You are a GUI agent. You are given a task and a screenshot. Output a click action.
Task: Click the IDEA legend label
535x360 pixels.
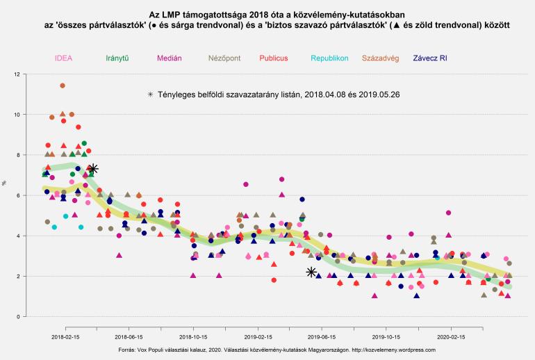[62, 58]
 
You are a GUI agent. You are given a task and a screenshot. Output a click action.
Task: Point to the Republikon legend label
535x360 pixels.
[330, 58]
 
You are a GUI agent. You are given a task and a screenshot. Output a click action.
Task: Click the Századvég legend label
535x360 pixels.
[380, 58]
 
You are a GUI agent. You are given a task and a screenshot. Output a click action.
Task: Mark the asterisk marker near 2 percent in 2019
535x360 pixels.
[312, 272]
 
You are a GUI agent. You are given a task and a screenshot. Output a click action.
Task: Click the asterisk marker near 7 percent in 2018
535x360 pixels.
[93, 169]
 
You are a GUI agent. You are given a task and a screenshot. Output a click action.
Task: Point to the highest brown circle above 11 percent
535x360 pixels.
[62, 85]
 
